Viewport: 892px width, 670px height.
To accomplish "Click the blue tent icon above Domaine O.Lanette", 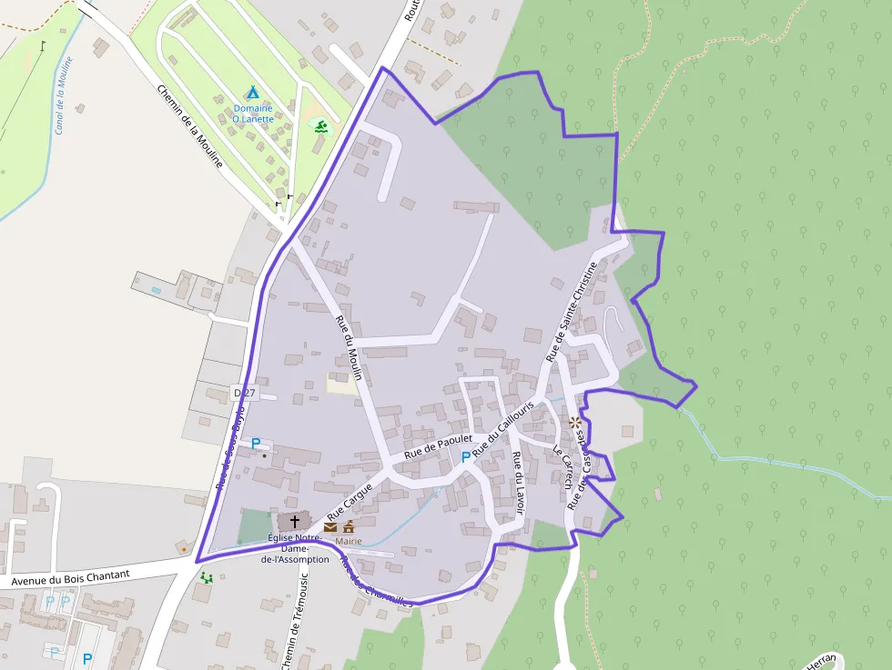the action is tap(252, 93).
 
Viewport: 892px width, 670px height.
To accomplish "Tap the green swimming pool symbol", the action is tap(320, 125).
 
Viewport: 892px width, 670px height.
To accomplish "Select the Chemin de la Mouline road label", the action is tap(190, 125).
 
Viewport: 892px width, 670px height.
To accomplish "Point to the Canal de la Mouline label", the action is tap(63, 95).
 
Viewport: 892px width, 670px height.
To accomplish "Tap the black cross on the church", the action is tap(294, 522).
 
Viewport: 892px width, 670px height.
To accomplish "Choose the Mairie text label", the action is tap(349, 541).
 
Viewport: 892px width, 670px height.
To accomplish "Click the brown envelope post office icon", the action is tap(329, 526).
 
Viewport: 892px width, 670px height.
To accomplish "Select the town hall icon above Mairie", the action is tap(348, 526).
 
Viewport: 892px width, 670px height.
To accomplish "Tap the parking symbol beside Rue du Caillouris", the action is tap(466, 456).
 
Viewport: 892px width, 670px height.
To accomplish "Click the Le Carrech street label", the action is tap(563, 465).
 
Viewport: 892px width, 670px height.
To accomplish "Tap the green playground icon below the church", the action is tap(207, 577).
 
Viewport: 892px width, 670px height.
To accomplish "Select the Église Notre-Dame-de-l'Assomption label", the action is tap(294, 548).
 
